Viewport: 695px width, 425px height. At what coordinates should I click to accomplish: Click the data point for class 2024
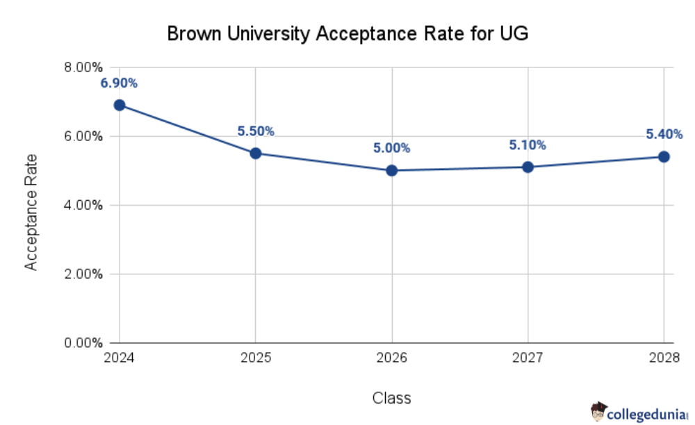pyautogui.click(x=120, y=105)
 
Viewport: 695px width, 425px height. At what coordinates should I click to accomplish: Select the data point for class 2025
pyautogui.click(x=255, y=153)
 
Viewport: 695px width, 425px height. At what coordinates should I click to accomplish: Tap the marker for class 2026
pyautogui.click(x=391, y=170)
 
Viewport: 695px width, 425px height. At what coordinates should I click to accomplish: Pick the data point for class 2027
pyautogui.click(x=528, y=167)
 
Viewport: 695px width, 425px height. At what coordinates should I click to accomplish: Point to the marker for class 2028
pyautogui.click(x=664, y=156)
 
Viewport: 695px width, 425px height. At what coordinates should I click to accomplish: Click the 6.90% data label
pyautogui.click(x=119, y=83)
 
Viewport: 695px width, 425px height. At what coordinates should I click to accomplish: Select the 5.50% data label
pyautogui.click(x=256, y=131)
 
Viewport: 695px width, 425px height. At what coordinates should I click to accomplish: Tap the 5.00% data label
pyautogui.click(x=391, y=149)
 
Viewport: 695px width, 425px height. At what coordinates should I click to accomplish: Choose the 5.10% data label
pyautogui.click(x=528, y=145)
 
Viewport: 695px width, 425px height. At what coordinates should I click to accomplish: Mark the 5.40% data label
pyautogui.click(x=663, y=134)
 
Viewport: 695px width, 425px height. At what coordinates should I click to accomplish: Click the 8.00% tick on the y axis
pyautogui.click(x=83, y=68)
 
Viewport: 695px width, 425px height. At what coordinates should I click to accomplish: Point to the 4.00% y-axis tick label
pyautogui.click(x=83, y=206)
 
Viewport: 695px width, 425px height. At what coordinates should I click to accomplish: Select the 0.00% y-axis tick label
pyautogui.click(x=83, y=343)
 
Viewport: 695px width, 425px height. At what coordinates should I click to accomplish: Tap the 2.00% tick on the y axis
pyautogui.click(x=83, y=274)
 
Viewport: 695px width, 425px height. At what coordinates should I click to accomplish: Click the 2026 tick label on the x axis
pyautogui.click(x=391, y=358)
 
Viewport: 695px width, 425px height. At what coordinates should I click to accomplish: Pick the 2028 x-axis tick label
pyautogui.click(x=663, y=358)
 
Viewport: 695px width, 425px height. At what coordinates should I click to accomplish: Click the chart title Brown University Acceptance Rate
pyautogui.click(x=347, y=33)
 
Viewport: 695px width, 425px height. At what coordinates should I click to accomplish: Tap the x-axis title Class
pyautogui.click(x=391, y=398)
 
